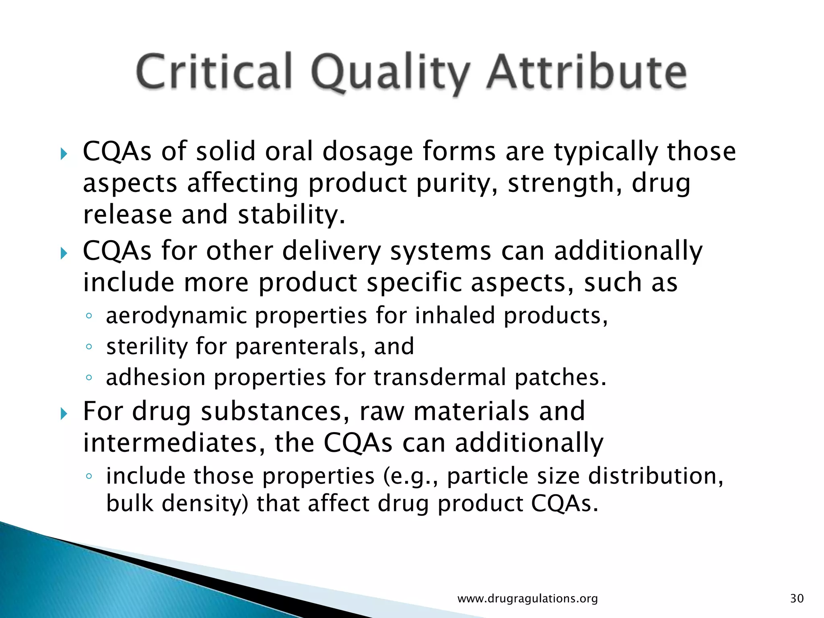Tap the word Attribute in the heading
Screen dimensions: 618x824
[x=587, y=72]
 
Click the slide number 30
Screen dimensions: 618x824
[x=797, y=598]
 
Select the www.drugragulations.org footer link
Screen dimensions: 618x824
[x=527, y=598]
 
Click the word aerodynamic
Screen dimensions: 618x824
[x=176, y=315]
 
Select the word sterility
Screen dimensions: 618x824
[x=146, y=346]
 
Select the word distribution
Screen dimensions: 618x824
[x=655, y=476]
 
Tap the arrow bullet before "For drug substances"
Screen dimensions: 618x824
[x=64, y=413]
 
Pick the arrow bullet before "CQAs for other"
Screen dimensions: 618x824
[x=64, y=253]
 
